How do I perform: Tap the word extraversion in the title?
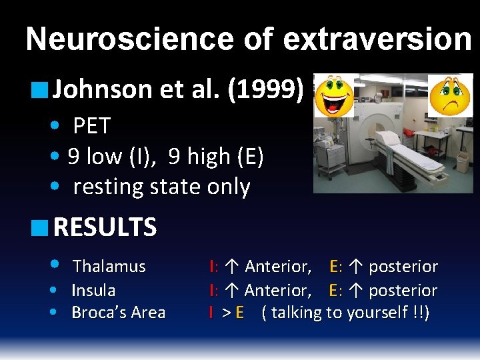[x=377, y=40]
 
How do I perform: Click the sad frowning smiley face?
[x=449, y=94]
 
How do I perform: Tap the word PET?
[x=91, y=125]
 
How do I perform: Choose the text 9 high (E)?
[x=216, y=157]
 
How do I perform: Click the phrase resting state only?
[x=161, y=187]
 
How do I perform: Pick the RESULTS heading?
[x=105, y=228]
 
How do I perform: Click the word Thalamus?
[x=109, y=267]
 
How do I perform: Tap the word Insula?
[x=93, y=291]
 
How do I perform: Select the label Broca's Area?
[x=118, y=313]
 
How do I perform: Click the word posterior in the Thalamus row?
[x=403, y=267]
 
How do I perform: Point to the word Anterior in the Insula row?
[x=277, y=291]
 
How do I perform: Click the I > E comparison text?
[x=227, y=313]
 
